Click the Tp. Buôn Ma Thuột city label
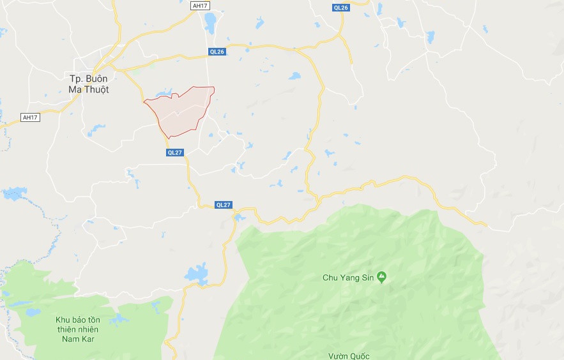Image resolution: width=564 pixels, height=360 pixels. [x=89, y=84]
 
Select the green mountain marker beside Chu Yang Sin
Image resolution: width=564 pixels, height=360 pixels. [x=382, y=277]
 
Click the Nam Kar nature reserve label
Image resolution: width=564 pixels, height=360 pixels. [x=75, y=329]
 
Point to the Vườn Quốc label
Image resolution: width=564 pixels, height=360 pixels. [x=348, y=356]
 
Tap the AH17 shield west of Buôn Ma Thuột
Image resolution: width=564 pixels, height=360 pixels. [x=29, y=117]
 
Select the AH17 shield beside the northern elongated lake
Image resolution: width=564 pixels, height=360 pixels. [x=200, y=6]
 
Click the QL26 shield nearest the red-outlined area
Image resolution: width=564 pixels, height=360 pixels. [x=217, y=52]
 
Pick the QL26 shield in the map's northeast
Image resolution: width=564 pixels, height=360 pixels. [x=340, y=8]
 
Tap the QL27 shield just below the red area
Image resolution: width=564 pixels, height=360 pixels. [x=174, y=153]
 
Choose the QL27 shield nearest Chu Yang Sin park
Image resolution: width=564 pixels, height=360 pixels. [x=223, y=205]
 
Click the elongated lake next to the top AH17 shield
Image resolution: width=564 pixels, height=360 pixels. [x=210, y=23]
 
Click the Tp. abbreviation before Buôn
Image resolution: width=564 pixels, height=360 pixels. [x=75, y=78]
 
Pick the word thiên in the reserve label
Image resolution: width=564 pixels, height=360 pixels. [x=68, y=329]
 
